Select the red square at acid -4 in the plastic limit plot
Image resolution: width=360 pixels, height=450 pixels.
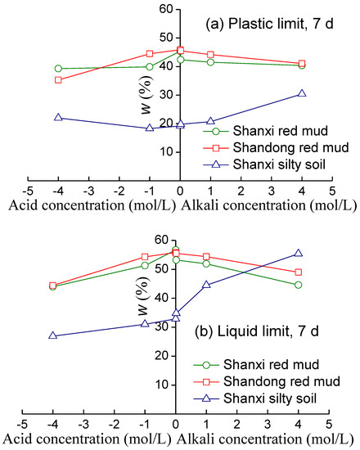pos(58,79)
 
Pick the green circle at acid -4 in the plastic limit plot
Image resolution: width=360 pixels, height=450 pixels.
pos(58,68)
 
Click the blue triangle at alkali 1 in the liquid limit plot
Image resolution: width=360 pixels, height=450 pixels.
pos(206,285)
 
